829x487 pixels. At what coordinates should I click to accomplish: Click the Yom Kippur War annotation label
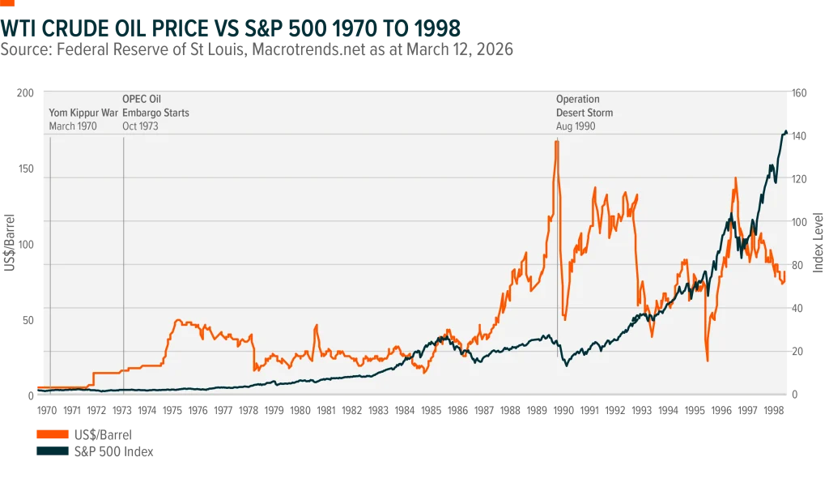84,113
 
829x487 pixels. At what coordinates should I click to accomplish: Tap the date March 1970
73,126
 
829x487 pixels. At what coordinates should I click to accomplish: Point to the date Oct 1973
140,126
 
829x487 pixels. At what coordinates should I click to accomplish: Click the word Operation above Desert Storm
577,99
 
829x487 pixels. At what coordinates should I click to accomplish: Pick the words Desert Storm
584,113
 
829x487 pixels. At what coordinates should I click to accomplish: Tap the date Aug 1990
575,126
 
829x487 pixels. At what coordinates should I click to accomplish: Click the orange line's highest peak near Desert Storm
556,142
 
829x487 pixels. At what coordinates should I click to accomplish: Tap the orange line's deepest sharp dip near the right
707,360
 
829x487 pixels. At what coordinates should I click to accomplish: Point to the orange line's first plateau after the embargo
186,323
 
